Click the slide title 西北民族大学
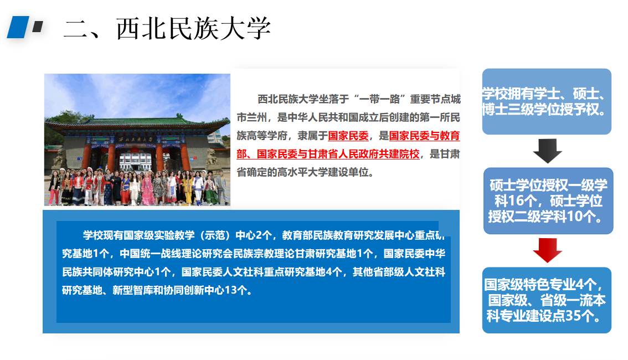(x=193, y=28)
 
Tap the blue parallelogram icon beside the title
(x=18, y=27)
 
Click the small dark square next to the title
(x=38, y=27)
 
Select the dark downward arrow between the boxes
(x=548, y=151)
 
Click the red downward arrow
(x=548, y=250)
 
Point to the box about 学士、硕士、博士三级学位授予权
(x=547, y=101)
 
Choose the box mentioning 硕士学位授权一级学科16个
(x=548, y=200)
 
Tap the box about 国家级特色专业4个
(x=547, y=300)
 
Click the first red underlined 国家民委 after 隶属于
(x=348, y=136)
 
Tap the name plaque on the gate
(x=135, y=140)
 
